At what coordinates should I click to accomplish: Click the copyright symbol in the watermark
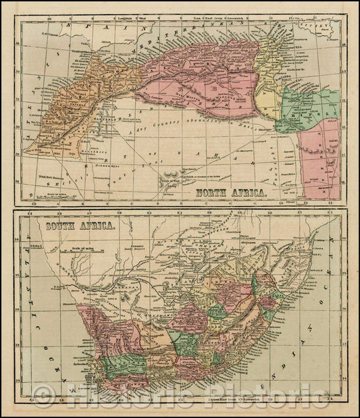click(42, 396)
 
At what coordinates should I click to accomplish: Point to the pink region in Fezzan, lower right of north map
click(321, 162)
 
